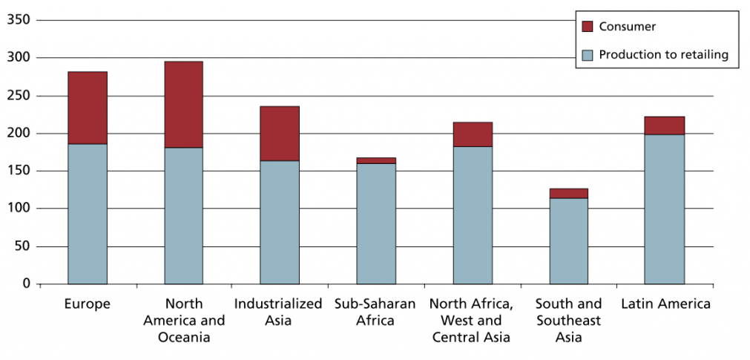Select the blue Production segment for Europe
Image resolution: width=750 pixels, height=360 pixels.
[x=88, y=214]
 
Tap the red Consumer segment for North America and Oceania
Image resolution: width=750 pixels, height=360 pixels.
[x=183, y=105]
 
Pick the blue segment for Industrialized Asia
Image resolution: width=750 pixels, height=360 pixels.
[x=280, y=222]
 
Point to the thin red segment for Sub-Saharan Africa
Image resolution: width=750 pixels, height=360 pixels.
[x=376, y=160]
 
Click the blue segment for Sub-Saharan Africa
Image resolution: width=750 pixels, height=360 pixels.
[x=376, y=223]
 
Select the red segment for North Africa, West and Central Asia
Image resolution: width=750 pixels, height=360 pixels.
[x=473, y=134]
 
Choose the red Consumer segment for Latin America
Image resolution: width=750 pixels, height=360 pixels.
[x=665, y=125]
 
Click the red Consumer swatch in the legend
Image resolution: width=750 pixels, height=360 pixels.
[x=588, y=27]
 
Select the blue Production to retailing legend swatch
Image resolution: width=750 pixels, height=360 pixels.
[x=588, y=54]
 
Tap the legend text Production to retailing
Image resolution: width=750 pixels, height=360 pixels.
[x=663, y=54]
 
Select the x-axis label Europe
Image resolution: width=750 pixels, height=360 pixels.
[x=88, y=304]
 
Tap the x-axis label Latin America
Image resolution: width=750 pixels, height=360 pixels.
[x=665, y=304]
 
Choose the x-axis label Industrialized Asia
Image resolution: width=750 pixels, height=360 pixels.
[x=279, y=312]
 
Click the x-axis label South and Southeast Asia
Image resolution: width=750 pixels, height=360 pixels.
[x=568, y=320]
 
